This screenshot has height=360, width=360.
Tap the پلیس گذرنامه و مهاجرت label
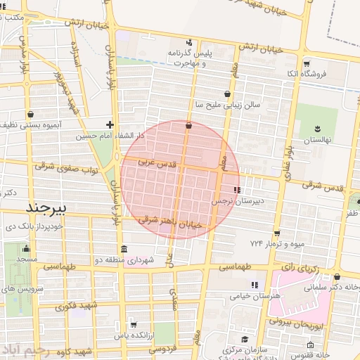coord(188,58)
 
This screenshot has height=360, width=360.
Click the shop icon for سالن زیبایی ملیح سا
coord(227,94)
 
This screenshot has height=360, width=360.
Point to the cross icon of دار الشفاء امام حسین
coord(110,124)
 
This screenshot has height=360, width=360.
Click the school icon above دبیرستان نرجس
coord(236,190)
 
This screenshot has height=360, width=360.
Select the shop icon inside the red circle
coord(188,126)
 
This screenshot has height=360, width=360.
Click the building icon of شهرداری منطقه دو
coord(124,250)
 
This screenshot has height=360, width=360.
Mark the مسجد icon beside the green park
coord(27,248)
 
